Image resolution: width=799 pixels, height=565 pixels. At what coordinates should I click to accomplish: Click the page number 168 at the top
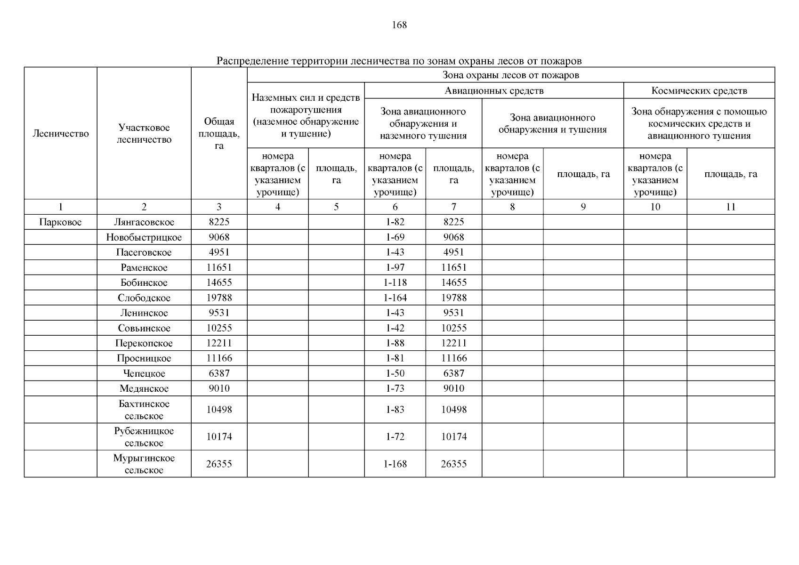coord(399,25)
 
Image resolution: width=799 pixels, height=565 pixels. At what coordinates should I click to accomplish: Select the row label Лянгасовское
coord(144,222)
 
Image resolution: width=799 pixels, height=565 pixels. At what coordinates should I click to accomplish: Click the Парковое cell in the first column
coord(60,222)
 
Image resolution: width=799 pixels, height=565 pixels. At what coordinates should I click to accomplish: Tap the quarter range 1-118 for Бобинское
coord(395,282)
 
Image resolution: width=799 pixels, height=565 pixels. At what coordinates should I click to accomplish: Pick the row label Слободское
coord(144,298)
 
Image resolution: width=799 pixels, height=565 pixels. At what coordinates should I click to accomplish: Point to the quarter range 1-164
coord(395,298)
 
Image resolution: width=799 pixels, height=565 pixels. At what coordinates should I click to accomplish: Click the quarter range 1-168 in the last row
coord(395,464)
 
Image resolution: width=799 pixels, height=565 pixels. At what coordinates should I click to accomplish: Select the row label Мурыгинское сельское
coord(144,464)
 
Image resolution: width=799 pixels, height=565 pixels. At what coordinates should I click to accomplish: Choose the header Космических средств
coord(699,91)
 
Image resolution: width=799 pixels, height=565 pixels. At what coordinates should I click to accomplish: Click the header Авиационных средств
coord(493,91)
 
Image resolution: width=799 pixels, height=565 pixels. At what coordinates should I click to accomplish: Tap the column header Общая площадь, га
coord(219,134)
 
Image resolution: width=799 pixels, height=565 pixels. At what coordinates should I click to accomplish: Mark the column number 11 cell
coord(730,207)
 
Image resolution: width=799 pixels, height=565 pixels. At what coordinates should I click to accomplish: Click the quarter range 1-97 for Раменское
coord(395,267)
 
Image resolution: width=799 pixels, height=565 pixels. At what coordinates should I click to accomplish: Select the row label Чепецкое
coord(144,373)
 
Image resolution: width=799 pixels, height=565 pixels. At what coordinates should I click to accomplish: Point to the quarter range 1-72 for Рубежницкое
coord(395,436)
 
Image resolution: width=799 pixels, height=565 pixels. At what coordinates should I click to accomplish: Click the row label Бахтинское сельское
coord(144,410)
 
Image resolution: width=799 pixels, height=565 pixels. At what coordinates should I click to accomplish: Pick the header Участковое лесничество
coord(144,134)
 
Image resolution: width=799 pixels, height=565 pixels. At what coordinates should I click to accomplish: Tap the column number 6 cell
coord(395,207)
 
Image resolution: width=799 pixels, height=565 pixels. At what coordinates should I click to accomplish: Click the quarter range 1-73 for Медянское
coord(395,388)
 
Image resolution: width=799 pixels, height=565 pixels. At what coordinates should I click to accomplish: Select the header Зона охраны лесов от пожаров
coord(510,75)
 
